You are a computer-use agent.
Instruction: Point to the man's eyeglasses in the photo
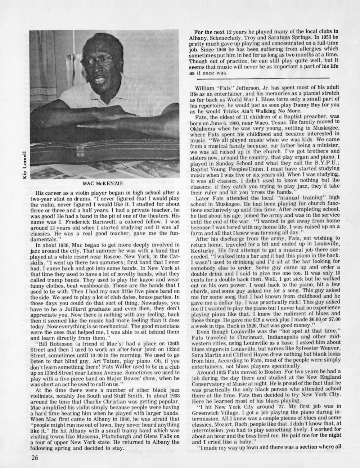point(102,59)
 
